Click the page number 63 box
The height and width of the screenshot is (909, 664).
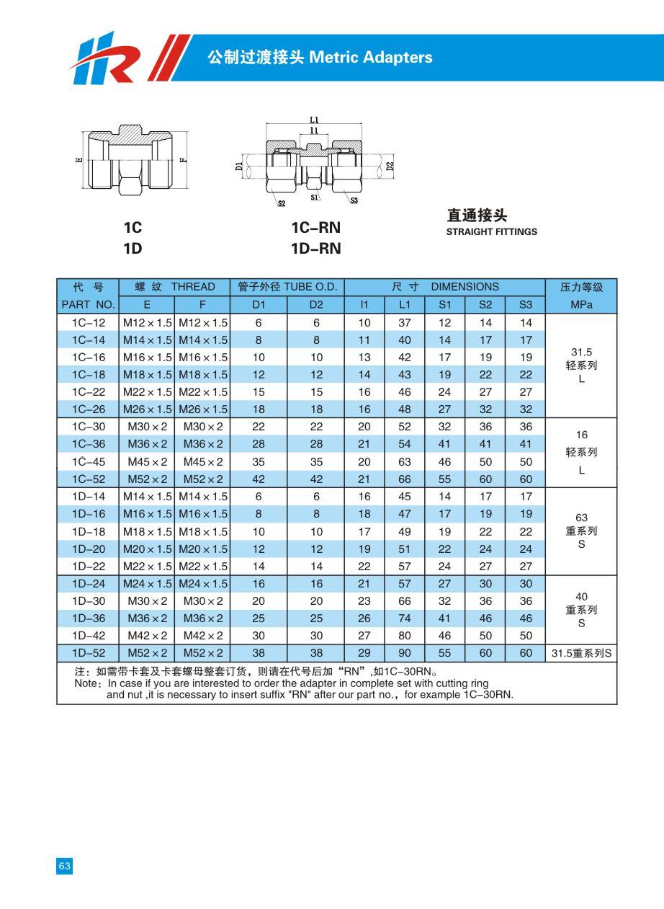coord(65,866)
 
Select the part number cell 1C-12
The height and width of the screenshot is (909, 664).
coord(88,323)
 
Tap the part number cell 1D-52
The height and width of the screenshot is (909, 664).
coord(88,653)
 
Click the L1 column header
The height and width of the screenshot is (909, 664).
coord(404,305)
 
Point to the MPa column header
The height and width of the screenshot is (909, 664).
coord(581,305)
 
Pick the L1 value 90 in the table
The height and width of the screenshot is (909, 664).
coord(404,653)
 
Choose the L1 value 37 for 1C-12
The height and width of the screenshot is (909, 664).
coord(404,323)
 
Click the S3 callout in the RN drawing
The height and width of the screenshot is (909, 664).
coord(354,200)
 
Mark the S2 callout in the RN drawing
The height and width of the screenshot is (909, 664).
coord(281,204)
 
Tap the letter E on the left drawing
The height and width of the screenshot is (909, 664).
coord(79,160)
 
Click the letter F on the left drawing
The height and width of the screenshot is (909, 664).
coord(184,160)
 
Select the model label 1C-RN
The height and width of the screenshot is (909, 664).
coord(315,229)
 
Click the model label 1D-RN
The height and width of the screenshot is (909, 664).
coord(315,249)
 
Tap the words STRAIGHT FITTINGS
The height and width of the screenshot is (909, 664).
coord(491,232)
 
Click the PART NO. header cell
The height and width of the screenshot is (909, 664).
coord(88,305)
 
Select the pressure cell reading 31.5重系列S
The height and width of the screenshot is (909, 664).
coord(581,653)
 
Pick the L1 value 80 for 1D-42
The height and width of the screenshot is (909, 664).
coord(404,636)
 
